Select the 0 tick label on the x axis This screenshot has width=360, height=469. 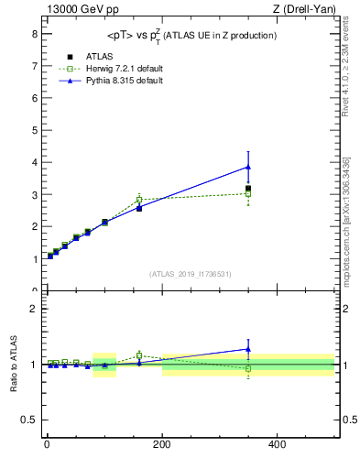(x=47, y=444)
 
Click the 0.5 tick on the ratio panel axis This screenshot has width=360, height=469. (x=30, y=420)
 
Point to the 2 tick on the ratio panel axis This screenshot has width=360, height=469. (x=34, y=309)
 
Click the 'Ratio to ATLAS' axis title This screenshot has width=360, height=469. (x=14, y=364)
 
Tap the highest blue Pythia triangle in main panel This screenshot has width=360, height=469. (x=248, y=167)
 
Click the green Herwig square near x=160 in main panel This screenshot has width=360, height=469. (x=139, y=200)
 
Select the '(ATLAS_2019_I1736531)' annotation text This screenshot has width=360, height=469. (x=191, y=273)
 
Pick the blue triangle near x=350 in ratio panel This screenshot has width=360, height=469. (x=248, y=348)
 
